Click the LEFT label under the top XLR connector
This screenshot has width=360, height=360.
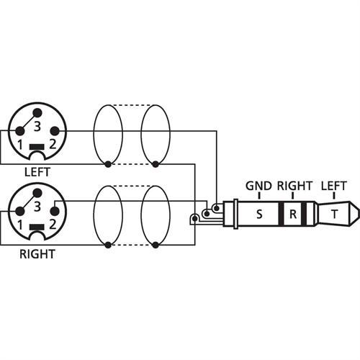click(x=37, y=172)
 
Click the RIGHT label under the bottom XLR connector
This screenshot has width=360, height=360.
click(x=37, y=254)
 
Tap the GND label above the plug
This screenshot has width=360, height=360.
click(x=258, y=186)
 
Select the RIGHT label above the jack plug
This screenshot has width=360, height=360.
click(x=295, y=186)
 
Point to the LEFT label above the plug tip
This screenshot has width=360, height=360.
click(x=334, y=186)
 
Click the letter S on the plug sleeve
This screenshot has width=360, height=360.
click(x=259, y=214)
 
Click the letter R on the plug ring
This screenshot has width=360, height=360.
click(x=293, y=214)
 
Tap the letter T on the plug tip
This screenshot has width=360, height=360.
click(x=334, y=214)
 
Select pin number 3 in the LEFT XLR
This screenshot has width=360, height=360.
click(x=37, y=127)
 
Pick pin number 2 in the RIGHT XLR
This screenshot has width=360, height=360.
click(x=53, y=225)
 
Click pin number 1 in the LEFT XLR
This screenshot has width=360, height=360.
click(x=20, y=145)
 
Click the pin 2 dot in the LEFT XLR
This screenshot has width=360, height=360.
click(x=55, y=131)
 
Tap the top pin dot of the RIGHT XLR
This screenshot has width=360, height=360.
click(x=37, y=192)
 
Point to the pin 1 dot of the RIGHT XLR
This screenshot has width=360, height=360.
click(x=20, y=211)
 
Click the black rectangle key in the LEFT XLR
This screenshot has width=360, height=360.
click(x=37, y=147)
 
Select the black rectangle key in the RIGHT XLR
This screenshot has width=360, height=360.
click(x=37, y=227)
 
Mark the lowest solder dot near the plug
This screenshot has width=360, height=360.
click(x=195, y=219)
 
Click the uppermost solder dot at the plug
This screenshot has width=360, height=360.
click(x=217, y=208)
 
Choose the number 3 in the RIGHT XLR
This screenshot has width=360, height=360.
click(x=37, y=207)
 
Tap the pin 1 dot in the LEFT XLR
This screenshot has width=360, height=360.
click(x=20, y=131)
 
